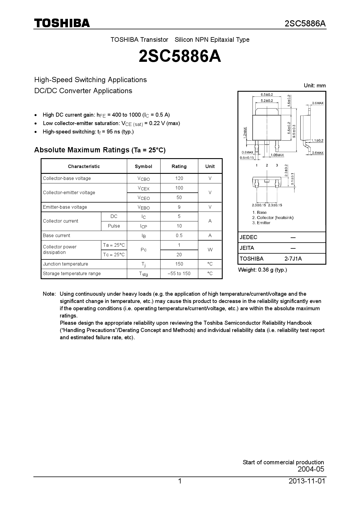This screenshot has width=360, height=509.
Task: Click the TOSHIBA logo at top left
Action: coord(62,23)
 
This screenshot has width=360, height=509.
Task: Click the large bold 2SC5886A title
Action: coord(180,56)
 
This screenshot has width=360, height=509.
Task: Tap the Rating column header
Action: coord(179,166)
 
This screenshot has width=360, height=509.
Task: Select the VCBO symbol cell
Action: coord(143,178)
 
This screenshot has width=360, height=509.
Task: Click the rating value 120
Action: coord(179,178)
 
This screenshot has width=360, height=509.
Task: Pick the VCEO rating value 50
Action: coord(179,197)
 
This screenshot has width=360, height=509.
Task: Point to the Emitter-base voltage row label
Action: coord(65,207)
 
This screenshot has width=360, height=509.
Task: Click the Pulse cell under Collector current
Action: coord(114,226)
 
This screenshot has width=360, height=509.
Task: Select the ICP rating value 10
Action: coord(179,226)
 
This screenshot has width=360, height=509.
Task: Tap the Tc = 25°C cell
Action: coord(114,255)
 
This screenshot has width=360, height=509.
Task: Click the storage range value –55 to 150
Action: coord(179,273)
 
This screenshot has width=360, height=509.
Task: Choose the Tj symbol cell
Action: coord(143,264)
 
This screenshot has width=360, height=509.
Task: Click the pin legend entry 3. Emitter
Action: coord(261,223)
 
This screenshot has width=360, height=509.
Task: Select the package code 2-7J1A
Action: coord(293,259)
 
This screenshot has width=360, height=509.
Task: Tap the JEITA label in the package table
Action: coord(247,248)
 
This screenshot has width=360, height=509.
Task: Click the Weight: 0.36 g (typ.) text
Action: coord(262,270)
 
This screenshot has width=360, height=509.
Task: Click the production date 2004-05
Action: coord(311,469)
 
